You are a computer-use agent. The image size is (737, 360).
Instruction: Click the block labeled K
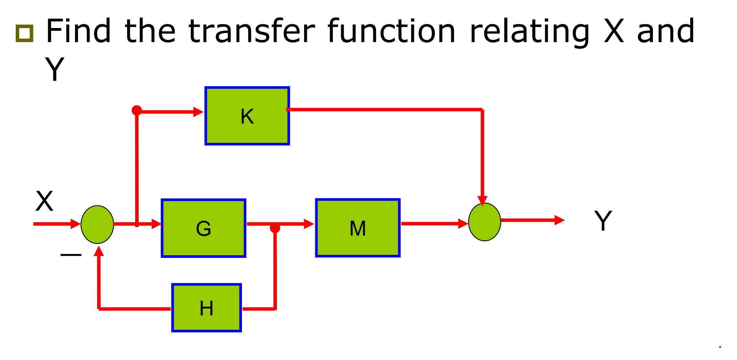click(247, 116)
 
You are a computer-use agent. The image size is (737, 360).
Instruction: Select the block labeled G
click(204, 228)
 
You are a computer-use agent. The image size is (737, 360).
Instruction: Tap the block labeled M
click(358, 228)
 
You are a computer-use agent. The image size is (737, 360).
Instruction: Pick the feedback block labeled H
click(207, 308)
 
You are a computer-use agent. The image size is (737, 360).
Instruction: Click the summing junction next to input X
click(97, 225)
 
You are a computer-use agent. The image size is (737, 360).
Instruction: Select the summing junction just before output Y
click(485, 222)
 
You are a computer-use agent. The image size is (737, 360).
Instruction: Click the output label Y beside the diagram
click(603, 221)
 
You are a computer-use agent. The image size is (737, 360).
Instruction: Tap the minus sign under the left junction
click(71, 254)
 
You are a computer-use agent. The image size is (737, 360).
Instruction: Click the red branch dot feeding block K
click(137, 111)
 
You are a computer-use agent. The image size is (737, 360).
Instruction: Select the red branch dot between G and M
click(275, 228)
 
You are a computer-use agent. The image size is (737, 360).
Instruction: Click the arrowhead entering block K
click(198, 112)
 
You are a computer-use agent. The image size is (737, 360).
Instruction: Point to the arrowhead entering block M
click(309, 224)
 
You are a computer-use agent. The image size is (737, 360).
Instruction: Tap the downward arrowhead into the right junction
click(482, 201)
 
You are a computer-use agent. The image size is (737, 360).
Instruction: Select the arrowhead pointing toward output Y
click(559, 220)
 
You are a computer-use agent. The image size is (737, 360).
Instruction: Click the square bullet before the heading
click(24, 33)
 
